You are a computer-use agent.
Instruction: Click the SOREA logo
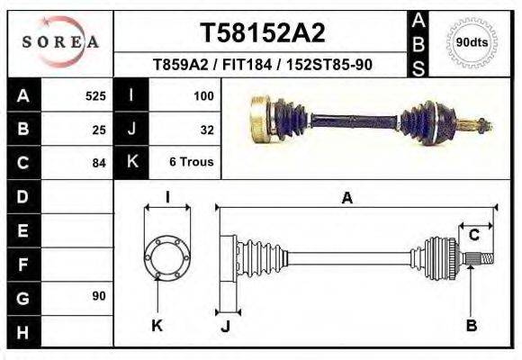tap(60, 42)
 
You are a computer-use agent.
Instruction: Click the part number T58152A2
tap(261, 33)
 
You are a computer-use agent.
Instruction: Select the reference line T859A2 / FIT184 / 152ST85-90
tap(261, 65)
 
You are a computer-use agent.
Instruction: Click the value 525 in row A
tap(95, 95)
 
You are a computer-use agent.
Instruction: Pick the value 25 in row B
tap(99, 129)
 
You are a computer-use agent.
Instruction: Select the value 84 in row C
tap(99, 163)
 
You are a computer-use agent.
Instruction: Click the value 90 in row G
tap(98, 296)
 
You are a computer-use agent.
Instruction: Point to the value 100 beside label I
tap(202, 95)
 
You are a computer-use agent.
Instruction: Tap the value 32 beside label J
tap(206, 129)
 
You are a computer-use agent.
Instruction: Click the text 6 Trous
tap(192, 163)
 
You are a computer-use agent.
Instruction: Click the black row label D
tap(22, 196)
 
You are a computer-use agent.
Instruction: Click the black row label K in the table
tap(131, 163)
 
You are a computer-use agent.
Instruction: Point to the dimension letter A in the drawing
tap(346, 199)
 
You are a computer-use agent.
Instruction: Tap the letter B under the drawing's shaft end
tap(471, 326)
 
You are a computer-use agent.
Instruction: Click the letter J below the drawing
tap(225, 327)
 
